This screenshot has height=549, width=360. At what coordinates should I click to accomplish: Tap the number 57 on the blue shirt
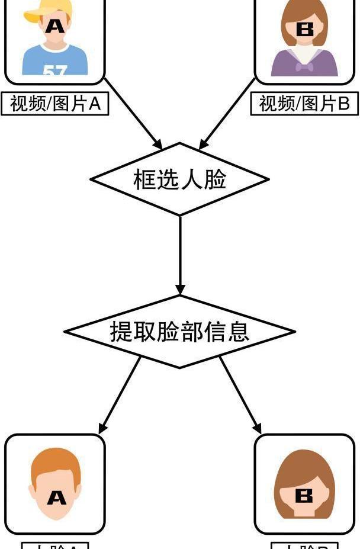click(54, 70)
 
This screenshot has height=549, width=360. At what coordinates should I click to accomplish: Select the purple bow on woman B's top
click(304, 67)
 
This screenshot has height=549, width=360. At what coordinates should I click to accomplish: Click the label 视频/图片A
click(56, 104)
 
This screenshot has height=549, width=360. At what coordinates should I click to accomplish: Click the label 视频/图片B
click(305, 104)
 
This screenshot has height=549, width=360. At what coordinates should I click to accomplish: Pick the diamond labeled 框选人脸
click(180, 179)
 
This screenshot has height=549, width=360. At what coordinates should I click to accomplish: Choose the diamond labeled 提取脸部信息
click(179, 331)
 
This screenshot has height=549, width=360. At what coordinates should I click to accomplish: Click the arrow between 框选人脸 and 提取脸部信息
click(180, 255)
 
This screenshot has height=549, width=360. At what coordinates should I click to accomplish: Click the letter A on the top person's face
click(54, 25)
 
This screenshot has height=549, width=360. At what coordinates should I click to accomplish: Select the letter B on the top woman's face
click(305, 29)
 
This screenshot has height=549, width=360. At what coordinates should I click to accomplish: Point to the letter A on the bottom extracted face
click(56, 497)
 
